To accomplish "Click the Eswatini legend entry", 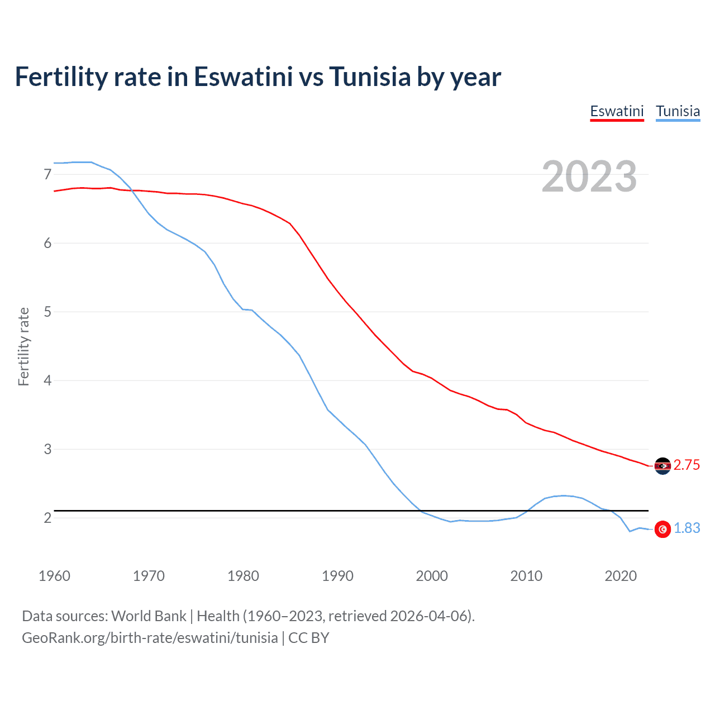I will (x=617, y=111).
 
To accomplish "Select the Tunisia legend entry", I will (x=678, y=111).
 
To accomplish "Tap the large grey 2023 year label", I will (x=589, y=177).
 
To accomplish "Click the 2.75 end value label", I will (x=687, y=465).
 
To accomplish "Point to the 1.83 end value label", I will (x=687, y=528).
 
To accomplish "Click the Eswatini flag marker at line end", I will (x=662, y=466).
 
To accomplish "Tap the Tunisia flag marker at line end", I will (x=662, y=529).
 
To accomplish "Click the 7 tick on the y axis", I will (x=47, y=175).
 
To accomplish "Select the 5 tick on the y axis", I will (x=47, y=312).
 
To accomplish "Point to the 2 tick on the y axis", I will (x=47, y=518).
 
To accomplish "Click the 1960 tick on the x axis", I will (x=54, y=576).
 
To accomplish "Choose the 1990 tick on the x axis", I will (x=337, y=576).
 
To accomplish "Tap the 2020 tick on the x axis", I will (x=621, y=576).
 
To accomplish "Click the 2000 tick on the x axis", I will (x=432, y=576).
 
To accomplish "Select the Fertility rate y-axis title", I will (x=23, y=346).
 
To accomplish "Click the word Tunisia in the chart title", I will (x=370, y=77).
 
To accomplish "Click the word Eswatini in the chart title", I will (x=243, y=77).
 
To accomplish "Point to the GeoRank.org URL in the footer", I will (x=150, y=638).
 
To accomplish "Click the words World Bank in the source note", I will (x=149, y=616).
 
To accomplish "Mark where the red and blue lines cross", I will (x=133, y=190).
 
